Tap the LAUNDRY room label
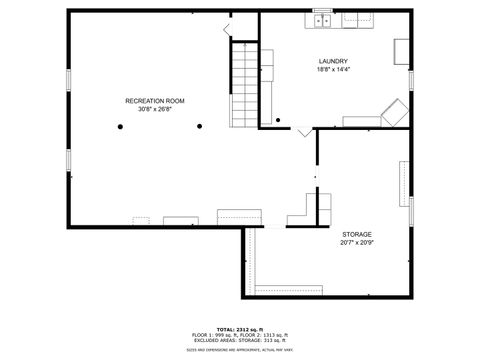click(x=333, y=61)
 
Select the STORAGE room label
click(x=357, y=234)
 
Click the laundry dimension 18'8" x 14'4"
click(x=333, y=69)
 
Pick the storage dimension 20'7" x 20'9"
click(x=357, y=242)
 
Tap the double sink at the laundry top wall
click(x=322, y=19)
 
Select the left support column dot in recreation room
click(x=118, y=126)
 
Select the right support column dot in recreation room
click(x=199, y=126)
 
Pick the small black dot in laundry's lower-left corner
click(x=275, y=122)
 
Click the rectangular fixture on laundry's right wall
click(x=401, y=52)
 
